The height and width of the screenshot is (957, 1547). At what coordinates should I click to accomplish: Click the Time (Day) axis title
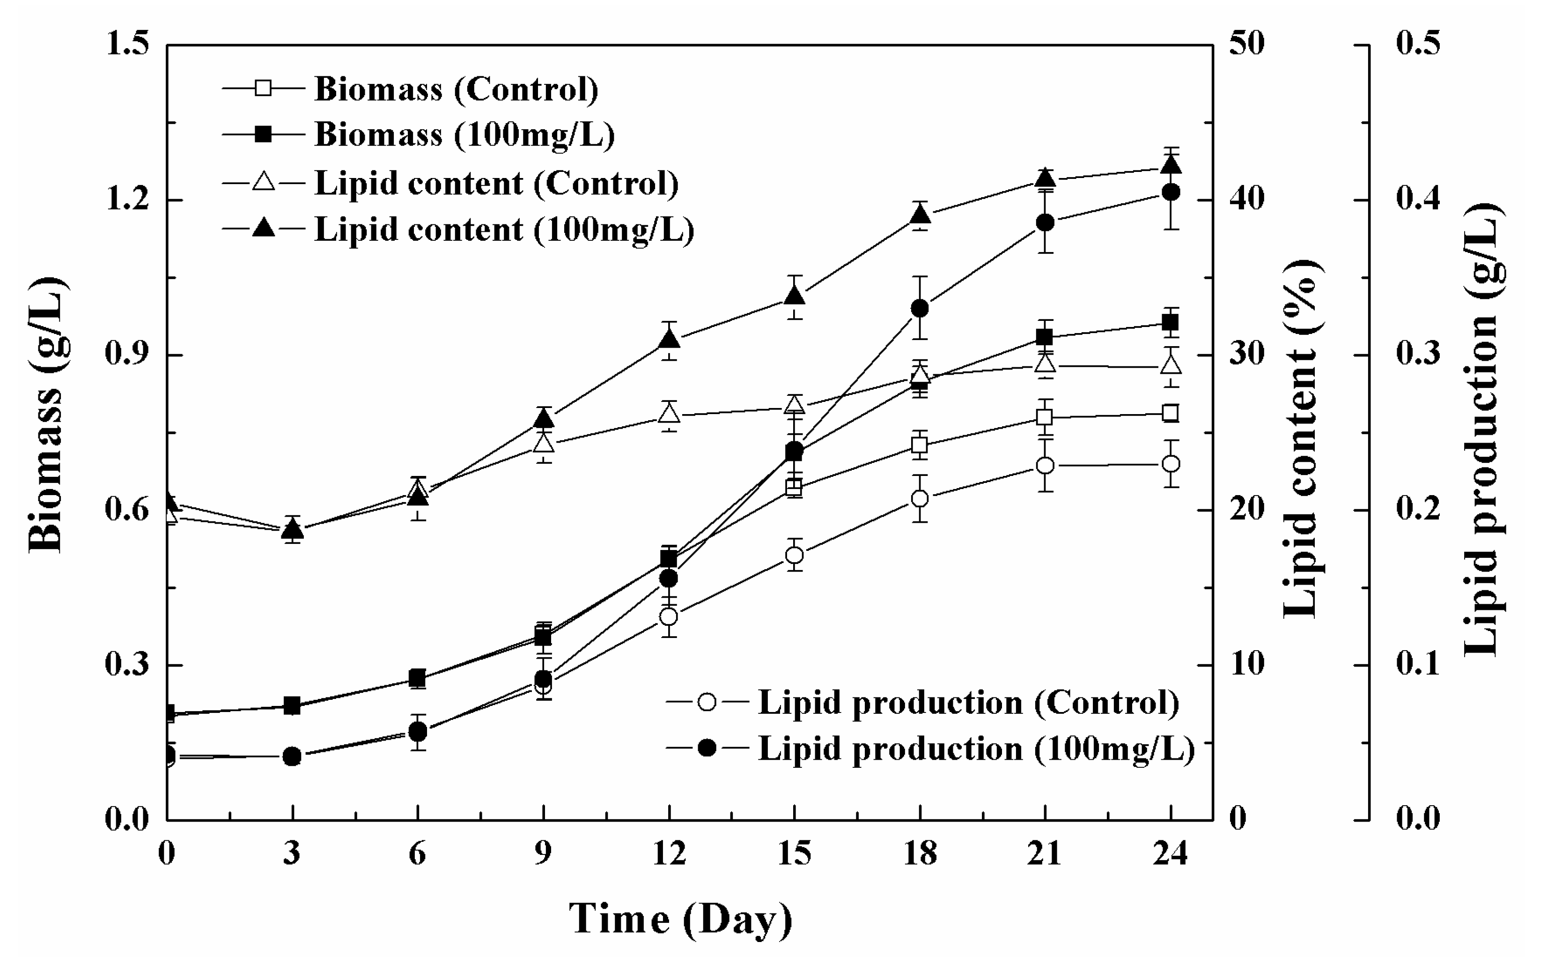click(x=680, y=919)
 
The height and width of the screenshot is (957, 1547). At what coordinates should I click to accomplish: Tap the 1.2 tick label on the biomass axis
click(x=126, y=200)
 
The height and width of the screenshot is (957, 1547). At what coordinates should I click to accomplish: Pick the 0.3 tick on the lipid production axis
click(x=1417, y=355)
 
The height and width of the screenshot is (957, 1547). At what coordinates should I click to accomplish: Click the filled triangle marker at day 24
click(x=1171, y=166)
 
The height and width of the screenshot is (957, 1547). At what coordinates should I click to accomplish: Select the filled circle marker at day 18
click(x=920, y=309)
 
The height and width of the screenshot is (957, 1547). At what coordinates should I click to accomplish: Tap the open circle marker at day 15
click(x=795, y=555)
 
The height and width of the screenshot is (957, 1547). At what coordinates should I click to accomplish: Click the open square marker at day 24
click(x=1171, y=413)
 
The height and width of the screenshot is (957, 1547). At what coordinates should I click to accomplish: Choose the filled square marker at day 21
click(x=1045, y=337)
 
